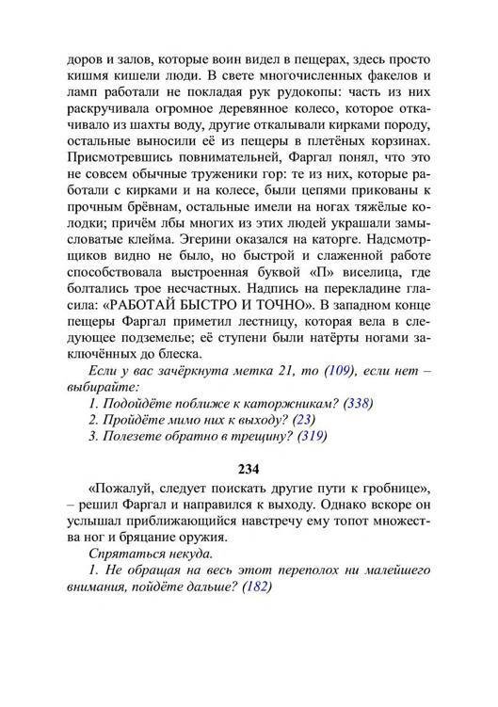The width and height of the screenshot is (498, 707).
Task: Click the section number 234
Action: click(x=249, y=468)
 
